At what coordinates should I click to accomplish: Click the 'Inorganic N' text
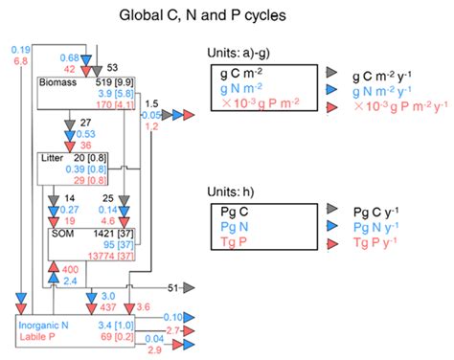point(44,326)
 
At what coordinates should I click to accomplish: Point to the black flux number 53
point(111,68)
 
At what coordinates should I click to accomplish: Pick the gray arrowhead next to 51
point(189,287)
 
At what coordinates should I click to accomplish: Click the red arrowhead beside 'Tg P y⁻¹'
point(332,244)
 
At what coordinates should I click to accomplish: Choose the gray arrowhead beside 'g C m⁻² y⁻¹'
point(332,73)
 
